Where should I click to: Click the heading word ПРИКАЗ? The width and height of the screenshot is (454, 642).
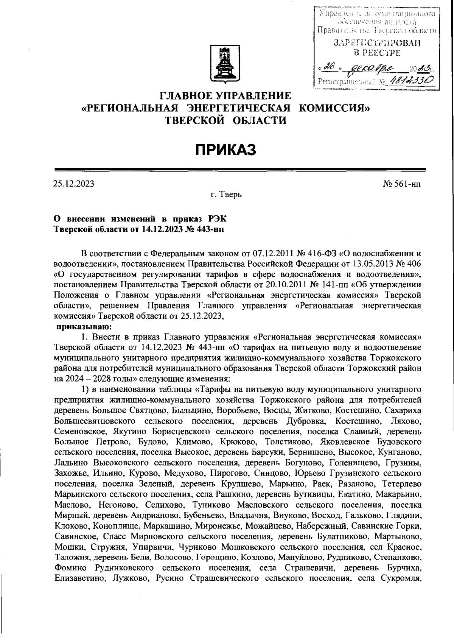tap(226, 150)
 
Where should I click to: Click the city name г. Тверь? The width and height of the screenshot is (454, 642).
tap(226, 195)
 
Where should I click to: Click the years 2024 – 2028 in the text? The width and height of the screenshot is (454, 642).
tap(87, 379)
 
